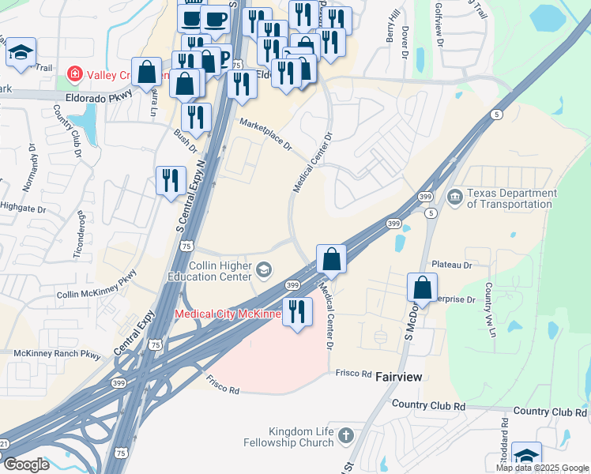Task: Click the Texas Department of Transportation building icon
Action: click(x=454, y=196)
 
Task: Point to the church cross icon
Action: click(x=345, y=435)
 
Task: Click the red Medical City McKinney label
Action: click(x=228, y=314)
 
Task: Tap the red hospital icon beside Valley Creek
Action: click(x=75, y=74)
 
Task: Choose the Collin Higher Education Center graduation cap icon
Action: click(x=265, y=271)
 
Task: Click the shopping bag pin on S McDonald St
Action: click(x=422, y=288)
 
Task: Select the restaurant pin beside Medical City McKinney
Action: click(x=297, y=310)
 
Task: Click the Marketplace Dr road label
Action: click(x=265, y=135)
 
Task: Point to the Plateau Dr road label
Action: click(x=451, y=265)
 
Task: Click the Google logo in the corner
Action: click(x=25, y=464)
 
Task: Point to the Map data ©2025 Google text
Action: click(x=542, y=468)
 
